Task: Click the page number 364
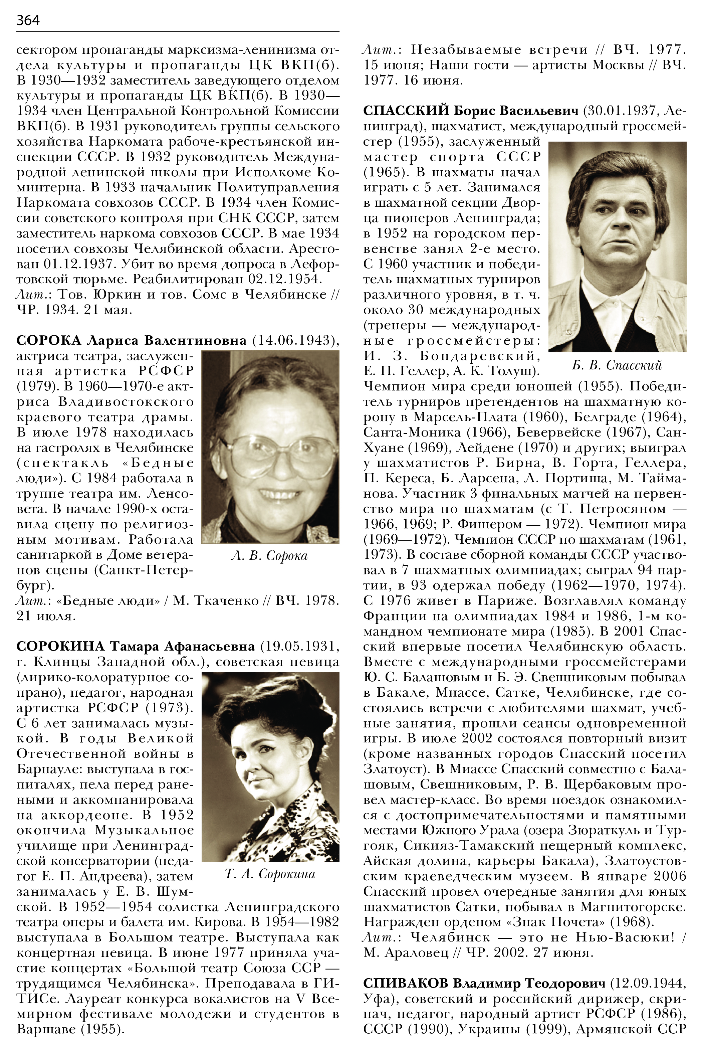[28, 20]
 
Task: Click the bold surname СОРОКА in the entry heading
[49, 341]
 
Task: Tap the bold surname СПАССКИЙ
[406, 111]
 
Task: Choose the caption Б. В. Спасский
[617, 365]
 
